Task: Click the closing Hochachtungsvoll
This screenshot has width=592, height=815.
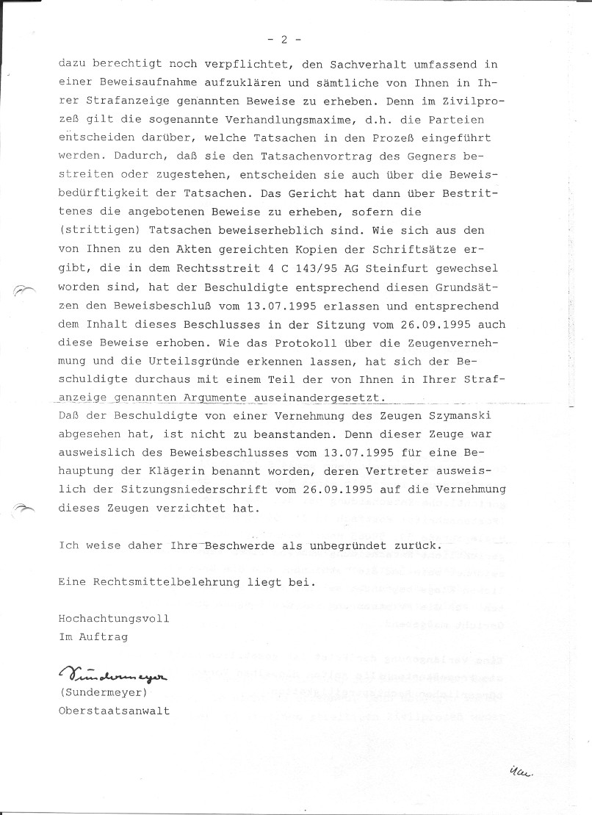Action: [x=114, y=618]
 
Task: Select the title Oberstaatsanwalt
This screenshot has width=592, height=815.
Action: [x=114, y=711]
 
